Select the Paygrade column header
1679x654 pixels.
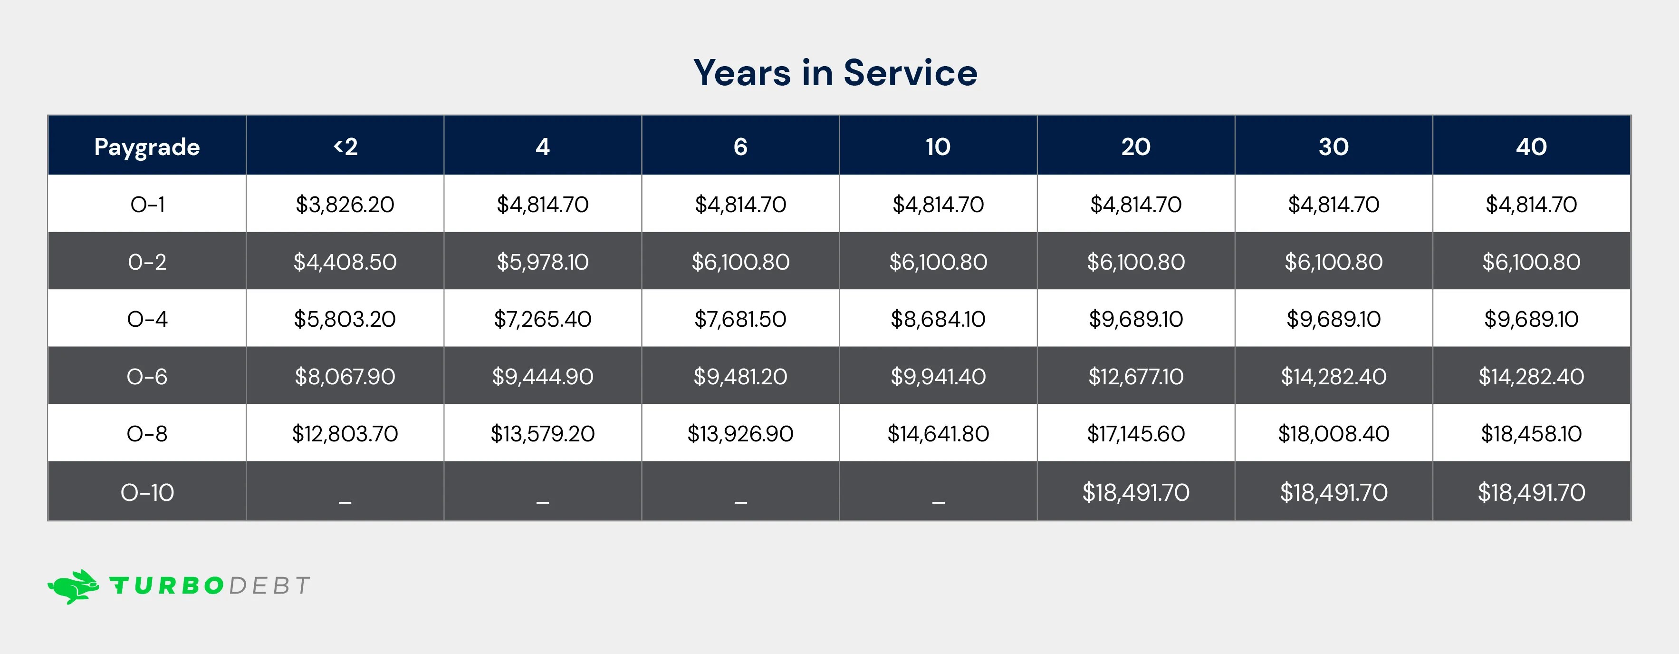pos(147,146)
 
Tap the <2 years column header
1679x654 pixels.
pos(345,146)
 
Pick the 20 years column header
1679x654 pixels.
pos(1135,146)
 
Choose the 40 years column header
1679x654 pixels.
pos(1531,146)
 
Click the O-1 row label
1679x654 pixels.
pos(147,205)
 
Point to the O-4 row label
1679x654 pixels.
pos(147,319)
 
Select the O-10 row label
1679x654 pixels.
pos(147,492)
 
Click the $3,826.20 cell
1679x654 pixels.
pos(345,205)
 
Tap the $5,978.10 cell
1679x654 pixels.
pos(542,262)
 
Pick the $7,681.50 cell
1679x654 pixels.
pos(740,319)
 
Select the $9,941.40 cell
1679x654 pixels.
pos(938,376)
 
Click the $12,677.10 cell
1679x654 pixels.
pos(1135,376)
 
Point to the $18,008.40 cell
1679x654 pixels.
pos(1334,434)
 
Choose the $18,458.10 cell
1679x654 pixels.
pos(1531,434)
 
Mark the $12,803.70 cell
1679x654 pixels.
pos(345,434)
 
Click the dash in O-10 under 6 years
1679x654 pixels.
pos(740,501)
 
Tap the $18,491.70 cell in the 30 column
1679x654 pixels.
pos(1334,492)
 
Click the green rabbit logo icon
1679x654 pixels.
pos(74,586)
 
